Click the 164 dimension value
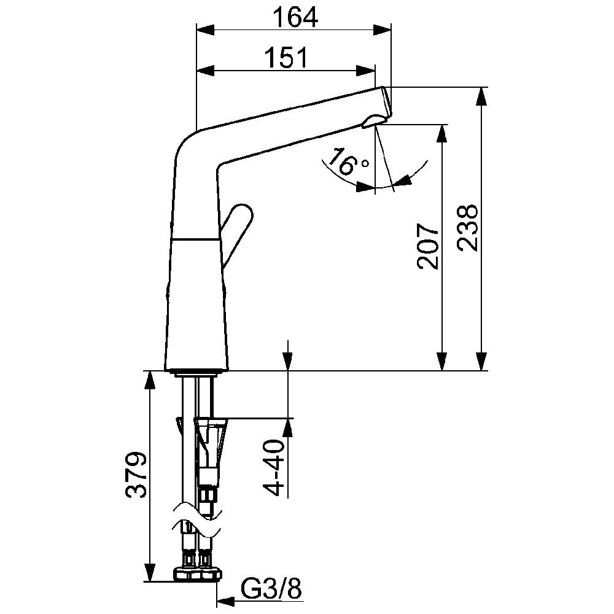pyautogui.click(x=295, y=18)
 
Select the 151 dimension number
pyautogui.click(x=287, y=58)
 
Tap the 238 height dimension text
pyautogui.click(x=467, y=228)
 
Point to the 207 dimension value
pyautogui.click(x=428, y=246)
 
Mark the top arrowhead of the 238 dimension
pyautogui.click(x=481, y=96)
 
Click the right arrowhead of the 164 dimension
pyautogui.click(x=382, y=30)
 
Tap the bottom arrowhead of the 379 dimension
pyautogui.click(x=148, y=572)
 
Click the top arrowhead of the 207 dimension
pyautogui.click(x=442, y=134)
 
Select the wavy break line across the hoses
pyautogui.click(x=198, y=517)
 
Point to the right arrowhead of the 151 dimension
pyautogui.click(x=366, y=70)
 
